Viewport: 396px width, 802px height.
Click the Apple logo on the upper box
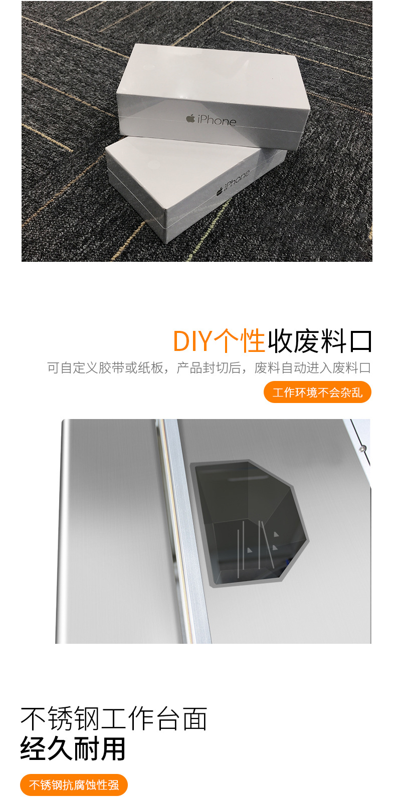pos(190,119)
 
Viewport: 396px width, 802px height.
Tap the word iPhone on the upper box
pos(217,121)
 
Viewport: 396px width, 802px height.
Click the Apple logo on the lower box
pos(220,192)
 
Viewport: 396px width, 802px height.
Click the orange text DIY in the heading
pos(193,341)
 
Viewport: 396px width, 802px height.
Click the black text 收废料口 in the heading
pos(320,341)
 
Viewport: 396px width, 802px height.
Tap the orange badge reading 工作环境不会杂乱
pos(317,392)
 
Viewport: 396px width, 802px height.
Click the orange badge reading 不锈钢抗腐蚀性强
pos(74,785)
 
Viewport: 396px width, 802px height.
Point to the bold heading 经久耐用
pos(73,748)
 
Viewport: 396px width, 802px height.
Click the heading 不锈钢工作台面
pos(114,718)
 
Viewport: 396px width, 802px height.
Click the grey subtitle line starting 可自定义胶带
pos(209,367)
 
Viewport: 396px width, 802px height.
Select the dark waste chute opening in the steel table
pos(249,522)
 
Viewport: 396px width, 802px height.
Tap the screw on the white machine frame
pos(363,448)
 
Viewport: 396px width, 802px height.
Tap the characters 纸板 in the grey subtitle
pos(151,367)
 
